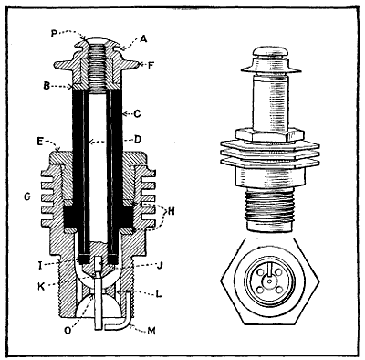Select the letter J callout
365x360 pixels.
(157, 268)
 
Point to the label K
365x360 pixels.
(40, 286)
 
